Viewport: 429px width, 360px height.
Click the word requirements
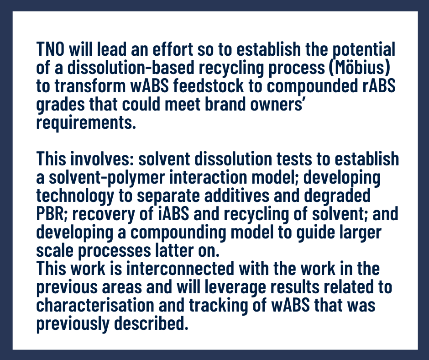86,122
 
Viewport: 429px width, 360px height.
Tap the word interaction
208,177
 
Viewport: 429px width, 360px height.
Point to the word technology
75,196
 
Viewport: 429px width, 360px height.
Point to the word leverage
235,287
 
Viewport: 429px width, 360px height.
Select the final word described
151,324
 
